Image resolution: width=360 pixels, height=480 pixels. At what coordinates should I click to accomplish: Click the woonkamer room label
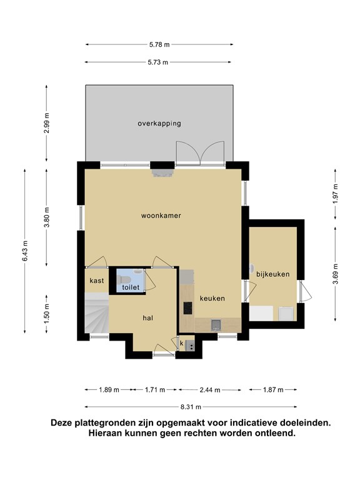point(161,216)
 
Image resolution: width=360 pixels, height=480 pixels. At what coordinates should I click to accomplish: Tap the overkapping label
point(159,124)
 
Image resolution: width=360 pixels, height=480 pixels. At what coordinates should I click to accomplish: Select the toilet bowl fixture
point(124,279)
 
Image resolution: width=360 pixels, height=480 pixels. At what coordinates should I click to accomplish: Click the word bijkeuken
point(272,274)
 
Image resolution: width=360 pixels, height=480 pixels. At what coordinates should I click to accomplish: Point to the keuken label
point(212,298)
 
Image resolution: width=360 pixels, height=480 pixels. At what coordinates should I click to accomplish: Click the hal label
point(148,318)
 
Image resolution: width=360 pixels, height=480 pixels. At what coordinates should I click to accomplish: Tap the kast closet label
point(97,281)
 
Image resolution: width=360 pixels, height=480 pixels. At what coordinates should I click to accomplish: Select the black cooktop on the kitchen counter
point(188,308)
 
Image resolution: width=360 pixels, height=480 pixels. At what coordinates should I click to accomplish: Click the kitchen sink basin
point(216,324)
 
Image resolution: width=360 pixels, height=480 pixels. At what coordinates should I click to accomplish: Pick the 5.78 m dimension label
point(159,45)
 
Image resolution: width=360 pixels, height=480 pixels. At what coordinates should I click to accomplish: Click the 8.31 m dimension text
point(191,407)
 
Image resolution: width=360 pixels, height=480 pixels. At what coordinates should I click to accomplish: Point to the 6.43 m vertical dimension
point(25,251)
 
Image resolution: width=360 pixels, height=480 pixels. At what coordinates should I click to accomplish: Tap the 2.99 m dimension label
point(46,123)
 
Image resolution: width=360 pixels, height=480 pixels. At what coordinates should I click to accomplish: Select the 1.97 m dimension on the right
point(336,194)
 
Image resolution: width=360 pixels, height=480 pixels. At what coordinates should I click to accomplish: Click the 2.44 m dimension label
point(210,390)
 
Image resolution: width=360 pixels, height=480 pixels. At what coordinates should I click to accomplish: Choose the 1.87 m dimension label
point(273,390)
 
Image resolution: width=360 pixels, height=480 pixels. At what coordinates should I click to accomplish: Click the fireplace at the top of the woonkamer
point(162,173)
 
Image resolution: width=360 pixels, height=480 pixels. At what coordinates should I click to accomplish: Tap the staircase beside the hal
point(96,312)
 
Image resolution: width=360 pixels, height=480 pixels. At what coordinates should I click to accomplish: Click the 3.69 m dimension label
point(336,274)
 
